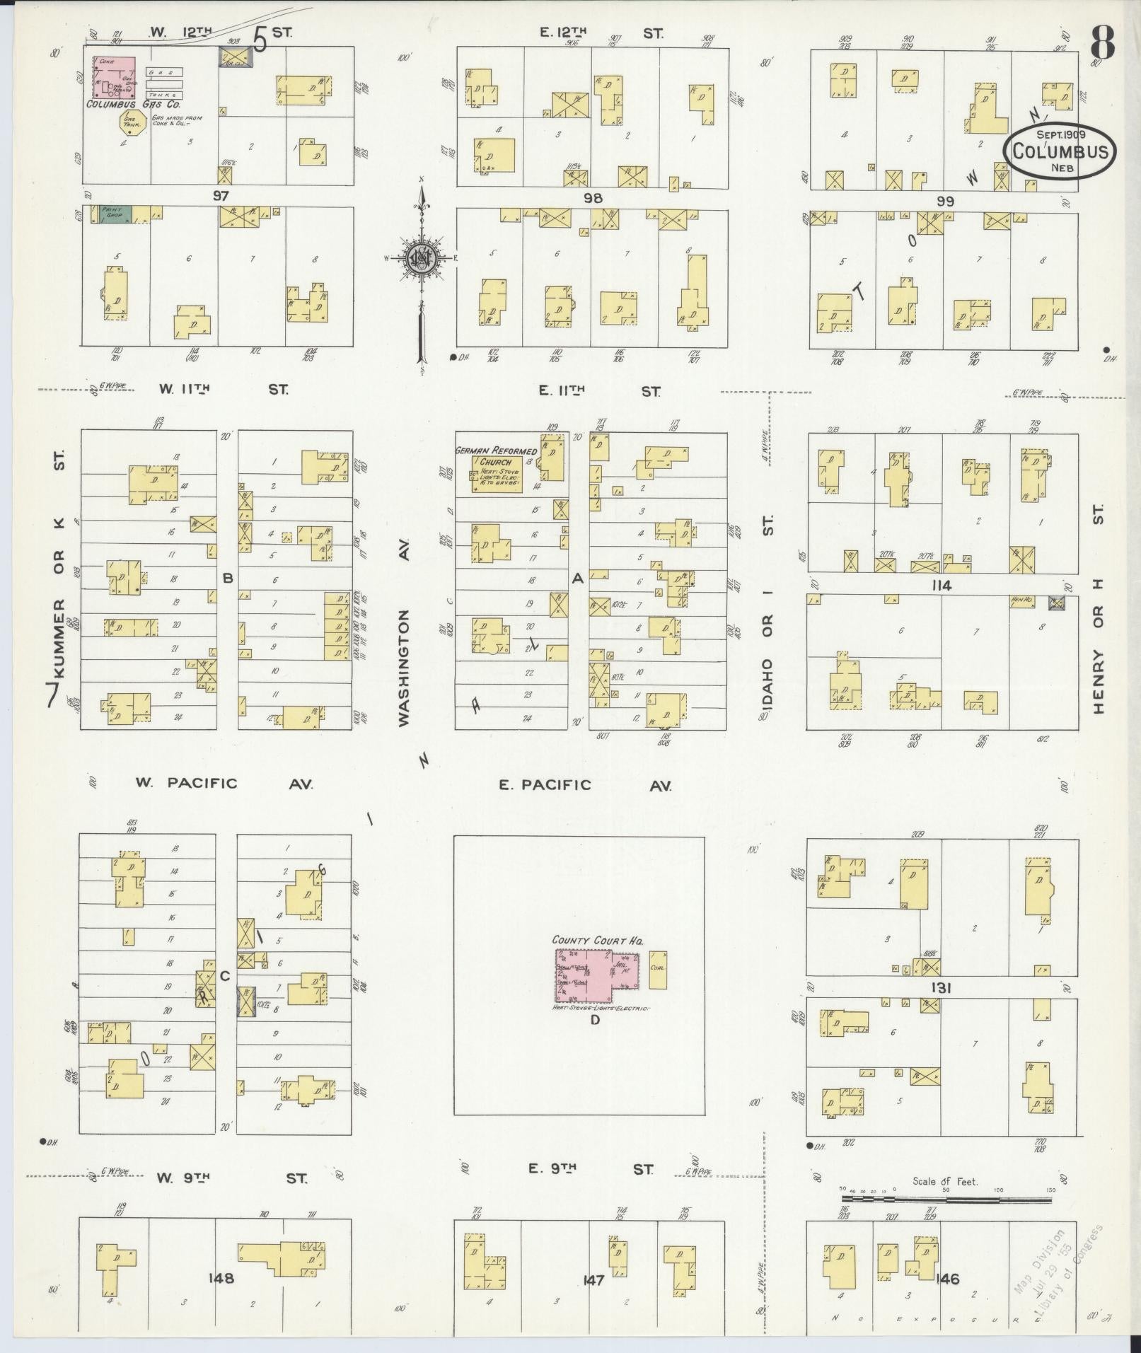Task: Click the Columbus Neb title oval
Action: pos(1059,151)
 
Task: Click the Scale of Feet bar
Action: pos(946,1199)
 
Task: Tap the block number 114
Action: pos(942,586)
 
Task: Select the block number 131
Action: pos(940,988)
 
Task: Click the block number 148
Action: pos(221,1278)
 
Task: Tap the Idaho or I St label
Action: pos(769,612)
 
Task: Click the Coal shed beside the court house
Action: pos(656,970)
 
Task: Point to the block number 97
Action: pos(221,194)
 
